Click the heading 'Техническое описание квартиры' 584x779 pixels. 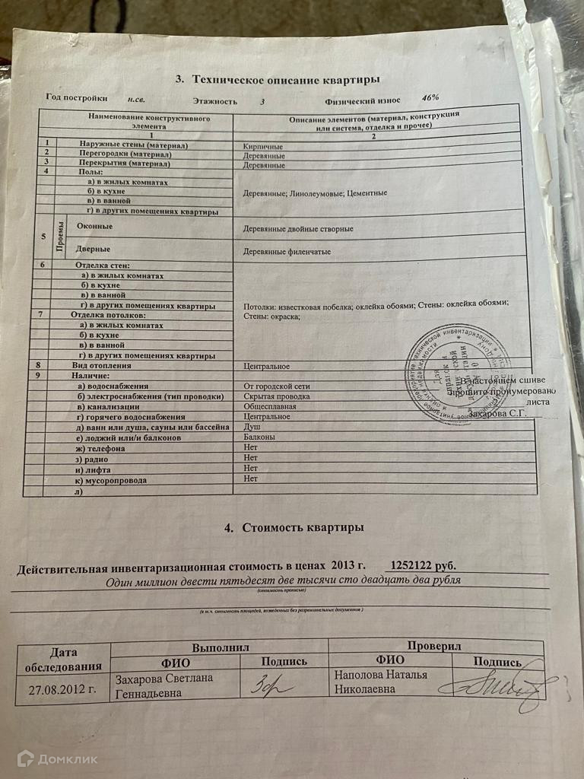pos(286,79)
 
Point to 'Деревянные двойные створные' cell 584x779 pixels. pos(297,228)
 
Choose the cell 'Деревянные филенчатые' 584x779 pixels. pos(287,251)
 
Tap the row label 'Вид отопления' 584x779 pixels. pos(101,366)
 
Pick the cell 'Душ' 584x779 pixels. pos(251,428)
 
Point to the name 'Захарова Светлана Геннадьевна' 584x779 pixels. pos(163,685)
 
